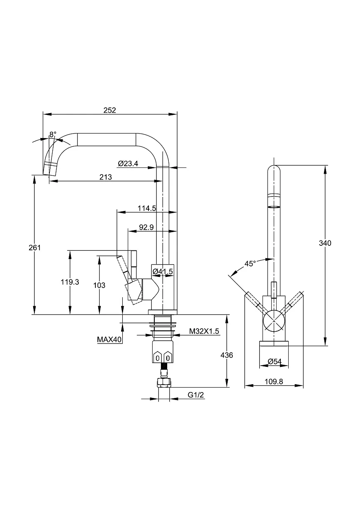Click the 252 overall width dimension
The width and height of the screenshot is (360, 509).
[109, 110]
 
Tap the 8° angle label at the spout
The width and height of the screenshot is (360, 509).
[53, 134]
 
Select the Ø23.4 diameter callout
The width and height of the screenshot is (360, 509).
[128, 163]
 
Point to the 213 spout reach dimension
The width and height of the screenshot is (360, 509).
[105, 177]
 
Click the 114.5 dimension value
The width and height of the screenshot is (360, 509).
[147, 208]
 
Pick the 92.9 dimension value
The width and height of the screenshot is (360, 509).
[146, 227]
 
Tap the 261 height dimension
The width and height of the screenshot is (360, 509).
[34, 247]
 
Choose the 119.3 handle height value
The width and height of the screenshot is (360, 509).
[70, 282]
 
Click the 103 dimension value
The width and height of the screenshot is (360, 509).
[99, 285]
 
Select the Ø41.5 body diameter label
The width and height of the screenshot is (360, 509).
[163, 271]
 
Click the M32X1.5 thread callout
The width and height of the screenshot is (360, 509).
[204, 331]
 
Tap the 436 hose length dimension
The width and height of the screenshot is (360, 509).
[226, 355]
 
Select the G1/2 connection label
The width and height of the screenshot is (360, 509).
[196, 395]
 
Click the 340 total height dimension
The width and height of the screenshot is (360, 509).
[325, 243]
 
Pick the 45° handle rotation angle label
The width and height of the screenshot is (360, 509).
[250, 264]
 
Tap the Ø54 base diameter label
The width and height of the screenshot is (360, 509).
[275, 361]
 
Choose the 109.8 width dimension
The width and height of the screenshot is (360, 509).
[274, 381]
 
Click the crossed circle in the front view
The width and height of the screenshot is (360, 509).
[274, 321]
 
